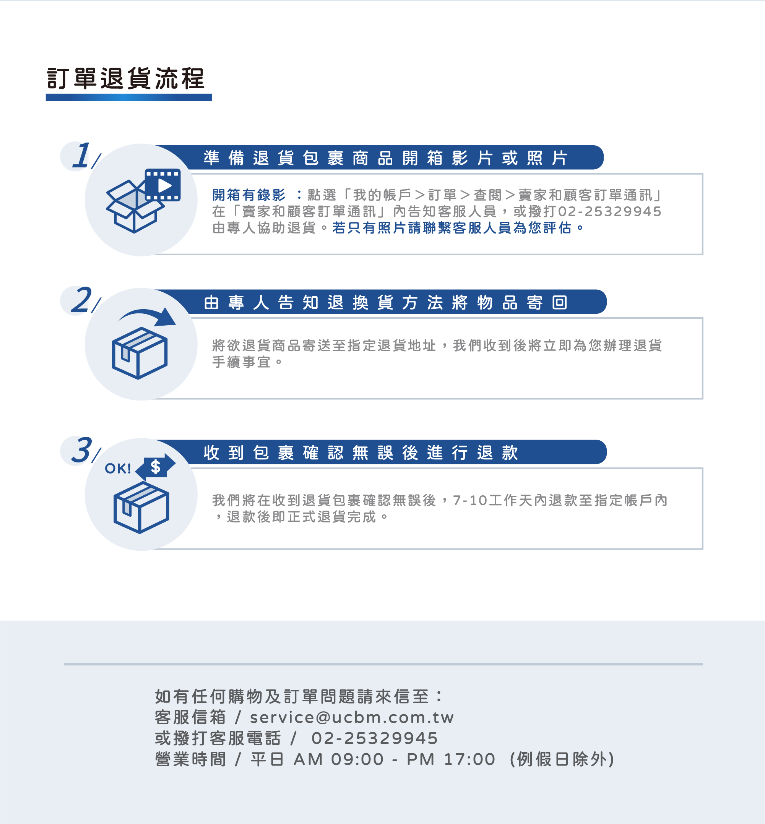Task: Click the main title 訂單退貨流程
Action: coord(126,78)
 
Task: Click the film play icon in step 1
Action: coord(163,185)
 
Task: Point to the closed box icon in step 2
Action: coord(140,353)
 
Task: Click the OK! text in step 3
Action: coord(118,469)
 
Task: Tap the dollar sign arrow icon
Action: coord(156,467)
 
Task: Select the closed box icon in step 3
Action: coord(141,508)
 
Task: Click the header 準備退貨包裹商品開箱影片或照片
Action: coord(385,158)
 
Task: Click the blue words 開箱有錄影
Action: coord(249,195)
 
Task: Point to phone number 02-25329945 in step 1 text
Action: coord(609,211)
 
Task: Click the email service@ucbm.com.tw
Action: coord(351,717)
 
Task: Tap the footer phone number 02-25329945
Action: coord(374,738)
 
